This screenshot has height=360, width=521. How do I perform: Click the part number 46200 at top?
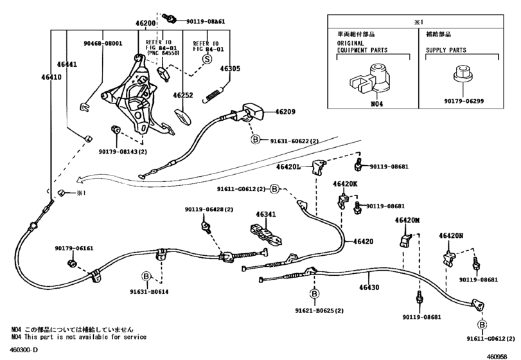[x=146, y=23]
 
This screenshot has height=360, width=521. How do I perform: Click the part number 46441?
[x=67, y=64]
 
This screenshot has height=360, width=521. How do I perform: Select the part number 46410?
[x=51, y=76]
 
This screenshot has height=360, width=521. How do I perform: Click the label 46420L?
[x=288, y=166]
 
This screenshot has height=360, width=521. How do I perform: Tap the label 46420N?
[x=452, y=236]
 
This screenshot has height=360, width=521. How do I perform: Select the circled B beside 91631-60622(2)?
[x=255, y=139]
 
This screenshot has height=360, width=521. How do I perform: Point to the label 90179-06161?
[x=73, y=248]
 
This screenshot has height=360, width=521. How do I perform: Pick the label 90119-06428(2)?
[x=209, y=209]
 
